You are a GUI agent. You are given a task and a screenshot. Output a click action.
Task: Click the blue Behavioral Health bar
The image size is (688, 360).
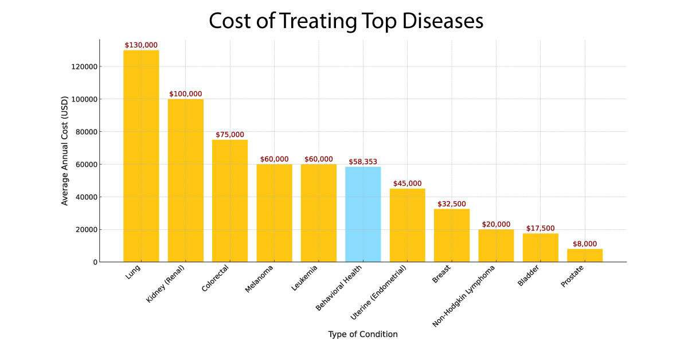(363, 214)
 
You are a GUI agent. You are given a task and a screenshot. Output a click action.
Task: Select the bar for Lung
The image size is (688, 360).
(141, 156)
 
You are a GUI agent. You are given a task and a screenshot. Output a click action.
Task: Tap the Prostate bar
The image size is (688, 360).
(585, 255)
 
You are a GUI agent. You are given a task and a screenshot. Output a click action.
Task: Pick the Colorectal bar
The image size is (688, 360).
(230, 201)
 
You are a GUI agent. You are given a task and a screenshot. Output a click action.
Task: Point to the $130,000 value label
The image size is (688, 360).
(141, 45)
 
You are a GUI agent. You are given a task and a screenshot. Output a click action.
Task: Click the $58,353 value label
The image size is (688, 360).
(363, 162)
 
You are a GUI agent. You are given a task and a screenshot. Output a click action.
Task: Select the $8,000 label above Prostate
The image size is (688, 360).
(585, 244)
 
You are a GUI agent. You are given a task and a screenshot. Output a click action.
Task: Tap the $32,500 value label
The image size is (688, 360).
(452, 204)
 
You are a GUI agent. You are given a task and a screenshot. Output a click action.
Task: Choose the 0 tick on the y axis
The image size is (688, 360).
(94, 262)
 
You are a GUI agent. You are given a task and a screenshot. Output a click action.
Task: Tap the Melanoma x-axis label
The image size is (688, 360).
(259, 279)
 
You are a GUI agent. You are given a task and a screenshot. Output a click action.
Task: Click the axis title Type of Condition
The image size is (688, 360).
(363, 334)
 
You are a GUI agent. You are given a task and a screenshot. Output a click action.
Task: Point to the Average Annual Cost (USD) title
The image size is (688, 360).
(65, 151)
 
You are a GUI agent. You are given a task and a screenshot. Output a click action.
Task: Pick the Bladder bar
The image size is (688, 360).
(540, 248)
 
